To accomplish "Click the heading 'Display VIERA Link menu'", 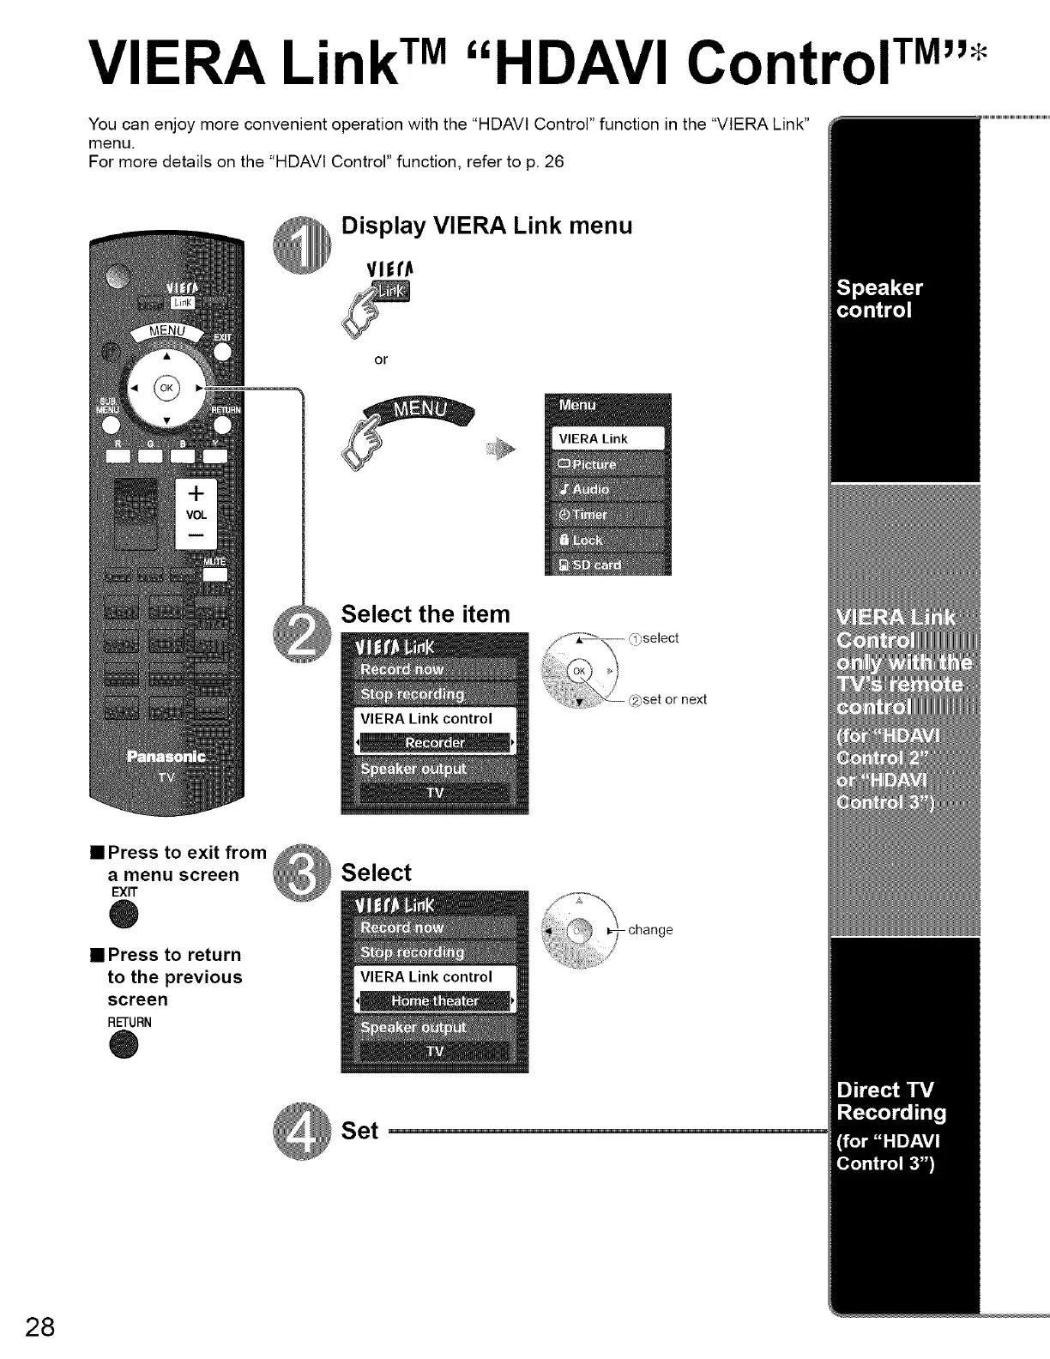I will [486, 226].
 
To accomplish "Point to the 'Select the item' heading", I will [425, 614].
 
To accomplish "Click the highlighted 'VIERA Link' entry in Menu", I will [607, 438].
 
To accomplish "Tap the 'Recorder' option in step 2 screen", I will [435, 743].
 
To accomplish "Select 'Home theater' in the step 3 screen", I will [435, 1001].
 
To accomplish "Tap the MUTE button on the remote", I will [214, 572].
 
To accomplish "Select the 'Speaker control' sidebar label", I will [880, 299].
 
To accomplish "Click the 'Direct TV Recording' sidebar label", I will [891, 1101].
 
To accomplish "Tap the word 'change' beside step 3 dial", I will [650, 930].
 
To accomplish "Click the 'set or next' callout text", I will [674, 699].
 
